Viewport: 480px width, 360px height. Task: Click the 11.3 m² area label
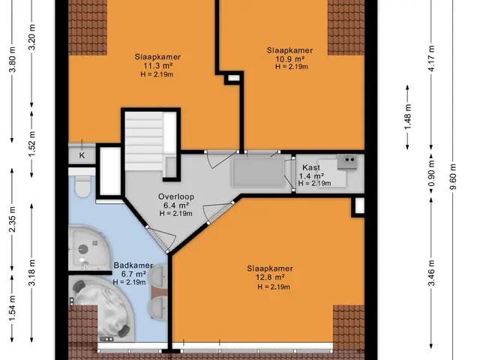(x=157, y=65)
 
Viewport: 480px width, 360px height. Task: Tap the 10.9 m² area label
(x=289, y=58)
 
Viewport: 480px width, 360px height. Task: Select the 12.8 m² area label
(x=270, y=277)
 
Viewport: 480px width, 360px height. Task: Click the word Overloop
(x=176, y=196)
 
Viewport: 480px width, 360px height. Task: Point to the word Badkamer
(x=133, y=265)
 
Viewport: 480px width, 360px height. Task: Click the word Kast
(x=311, y=167)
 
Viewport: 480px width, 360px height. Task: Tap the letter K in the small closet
(x=82, y=155)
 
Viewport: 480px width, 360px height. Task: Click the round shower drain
(x=83, y=250)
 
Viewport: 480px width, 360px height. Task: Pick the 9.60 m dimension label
(x=453, y=177)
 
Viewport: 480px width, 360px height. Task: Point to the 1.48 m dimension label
(x=408, y=117)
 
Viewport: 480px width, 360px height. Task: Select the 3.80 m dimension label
(x=13, y=59)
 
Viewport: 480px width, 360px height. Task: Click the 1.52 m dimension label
(x=31, y=143)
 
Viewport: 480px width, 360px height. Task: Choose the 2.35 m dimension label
(x=13, y=219)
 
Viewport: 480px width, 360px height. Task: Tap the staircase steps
(x=144, y=141)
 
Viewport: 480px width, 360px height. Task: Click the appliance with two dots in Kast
(x=347, y=161)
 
